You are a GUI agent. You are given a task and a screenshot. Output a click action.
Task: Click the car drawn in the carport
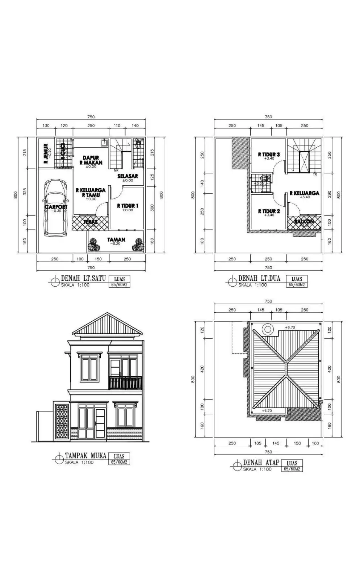pyautogui.click(x=56, y=208)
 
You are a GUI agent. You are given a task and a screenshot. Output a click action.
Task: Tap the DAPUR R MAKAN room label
pyautogui.click(x=91, y=160)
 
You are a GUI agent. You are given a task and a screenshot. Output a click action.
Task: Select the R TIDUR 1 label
pyautogui.click(x=127, y=206)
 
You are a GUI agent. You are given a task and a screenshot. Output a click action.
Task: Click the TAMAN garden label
pyautogui.click(x=116, y=240)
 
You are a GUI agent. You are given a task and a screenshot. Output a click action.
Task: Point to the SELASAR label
pyautogui.click(x=127, y=176)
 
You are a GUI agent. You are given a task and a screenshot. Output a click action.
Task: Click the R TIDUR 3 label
pyautogui.click(x=269, y=155)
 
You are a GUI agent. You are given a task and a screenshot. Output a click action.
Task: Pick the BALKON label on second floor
pyautogui.click(x=304, y=221)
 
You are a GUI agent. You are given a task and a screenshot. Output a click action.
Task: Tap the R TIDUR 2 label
pyautogui.click(x=269, y=211)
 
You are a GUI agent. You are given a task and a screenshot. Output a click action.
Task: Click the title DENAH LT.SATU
pyautogui.click(x=83, y=278)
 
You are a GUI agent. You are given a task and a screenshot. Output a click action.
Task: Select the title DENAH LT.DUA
pyautogui.click(x=259, y=278)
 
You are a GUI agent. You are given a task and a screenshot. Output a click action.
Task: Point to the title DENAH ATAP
pyautogui.click(x=261, y=462)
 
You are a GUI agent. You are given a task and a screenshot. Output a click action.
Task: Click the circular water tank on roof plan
pyautogui.click(x=268, y=329)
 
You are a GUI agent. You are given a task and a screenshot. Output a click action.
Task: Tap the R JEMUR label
pyautogui.click(x=46, y=154)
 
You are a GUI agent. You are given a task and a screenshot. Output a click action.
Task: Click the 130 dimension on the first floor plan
pyautogui.click(x=46, y=126)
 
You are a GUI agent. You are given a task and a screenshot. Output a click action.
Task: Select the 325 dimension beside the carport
pyautogui.click(x=25, y=191)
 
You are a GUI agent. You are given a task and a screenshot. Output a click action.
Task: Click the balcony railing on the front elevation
pyautogui.click(x=125, y=383)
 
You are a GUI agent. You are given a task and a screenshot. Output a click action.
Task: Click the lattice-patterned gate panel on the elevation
pyautogui.click(x=62, y=422)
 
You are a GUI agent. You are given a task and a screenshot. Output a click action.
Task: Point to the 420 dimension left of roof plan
pyautogui.click(x=202, y=369)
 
